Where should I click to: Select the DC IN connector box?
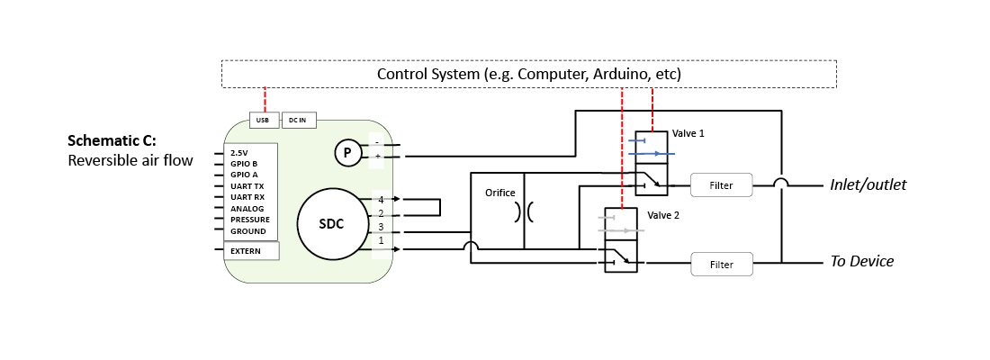point(298,121)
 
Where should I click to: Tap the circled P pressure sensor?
point(347,154)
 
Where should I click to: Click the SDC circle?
point(333,223)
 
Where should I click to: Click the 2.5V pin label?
point(238,153)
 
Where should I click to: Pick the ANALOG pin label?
point(247,209)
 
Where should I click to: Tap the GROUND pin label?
point(248,231)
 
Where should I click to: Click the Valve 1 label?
point(688,133)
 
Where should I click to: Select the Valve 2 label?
point(664,216)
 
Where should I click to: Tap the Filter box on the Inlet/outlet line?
point(720,185)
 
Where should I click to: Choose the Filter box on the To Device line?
point(720,265)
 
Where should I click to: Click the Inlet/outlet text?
point(868,184)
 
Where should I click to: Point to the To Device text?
point(861,261)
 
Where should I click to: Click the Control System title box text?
point(528,74)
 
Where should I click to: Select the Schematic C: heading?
point(112,142)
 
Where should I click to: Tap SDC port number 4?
point(381,199)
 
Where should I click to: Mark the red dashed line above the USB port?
point(265,99)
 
